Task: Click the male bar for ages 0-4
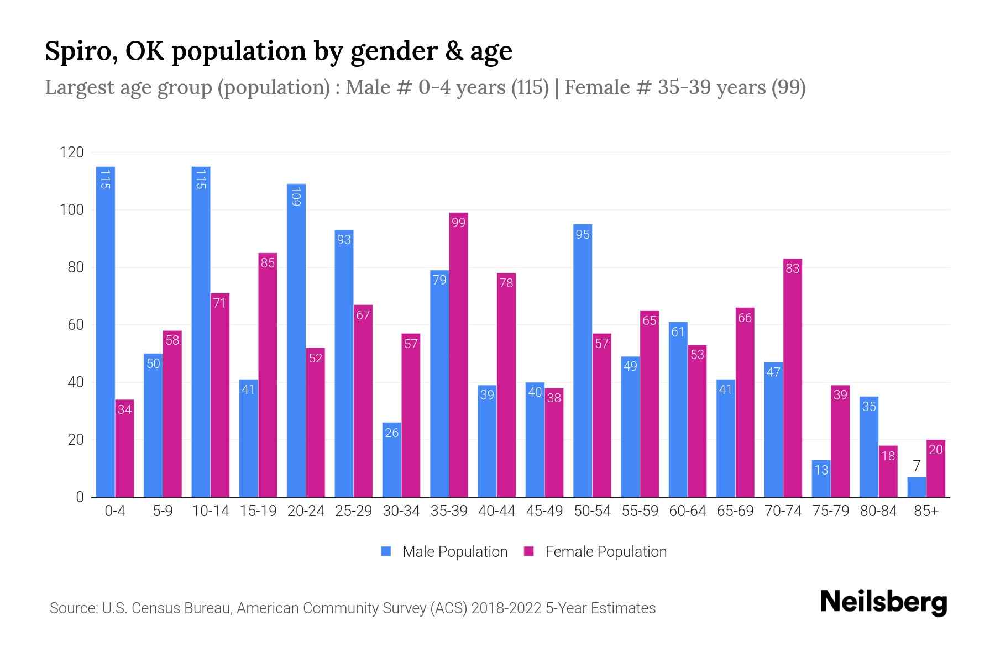coord(105,331)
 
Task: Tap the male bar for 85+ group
coord(916,487)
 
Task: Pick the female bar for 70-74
coord(792,378)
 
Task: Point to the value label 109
coord(296,197)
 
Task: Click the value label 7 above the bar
coord(917,466)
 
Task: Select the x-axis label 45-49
coord(544,511)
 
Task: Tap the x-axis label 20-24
coord(306,511)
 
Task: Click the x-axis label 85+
coord(926,511)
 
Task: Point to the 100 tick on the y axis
coord(72,210)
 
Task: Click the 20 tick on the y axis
coord(76,440)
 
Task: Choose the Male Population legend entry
coord(454,551)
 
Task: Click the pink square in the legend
coord(529,551)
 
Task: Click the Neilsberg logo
coord(883,602)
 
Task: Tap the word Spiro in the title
coord(76,51)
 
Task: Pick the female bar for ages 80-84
coord(888,471)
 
